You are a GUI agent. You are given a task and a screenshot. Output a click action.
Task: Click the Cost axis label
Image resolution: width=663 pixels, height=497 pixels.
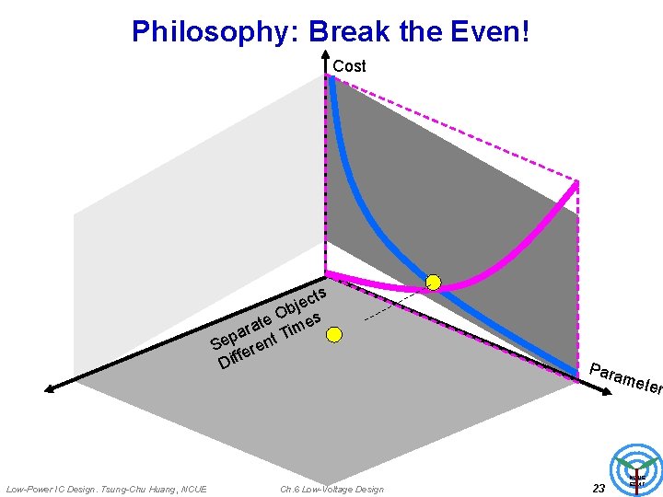[x=349, y=66]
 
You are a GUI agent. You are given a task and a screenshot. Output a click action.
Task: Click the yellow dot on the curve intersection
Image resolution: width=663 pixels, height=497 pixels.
[x=433, y=282]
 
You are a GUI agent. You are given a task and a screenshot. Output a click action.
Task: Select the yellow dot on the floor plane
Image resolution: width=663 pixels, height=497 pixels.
[x=334, y=334]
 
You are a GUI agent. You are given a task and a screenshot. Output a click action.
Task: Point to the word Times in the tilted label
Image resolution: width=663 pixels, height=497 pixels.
[x=302, y=325]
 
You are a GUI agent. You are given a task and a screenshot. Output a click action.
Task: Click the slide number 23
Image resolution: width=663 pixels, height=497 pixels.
[x=599, y=489]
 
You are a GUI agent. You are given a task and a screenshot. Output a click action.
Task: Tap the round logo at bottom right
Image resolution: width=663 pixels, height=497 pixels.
[x=636, y=467]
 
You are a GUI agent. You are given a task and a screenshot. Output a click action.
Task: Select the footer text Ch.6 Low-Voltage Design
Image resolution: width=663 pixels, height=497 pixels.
[x=331, y=489]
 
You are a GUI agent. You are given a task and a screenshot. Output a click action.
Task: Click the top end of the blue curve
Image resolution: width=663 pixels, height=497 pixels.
[x=331, y=79]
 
